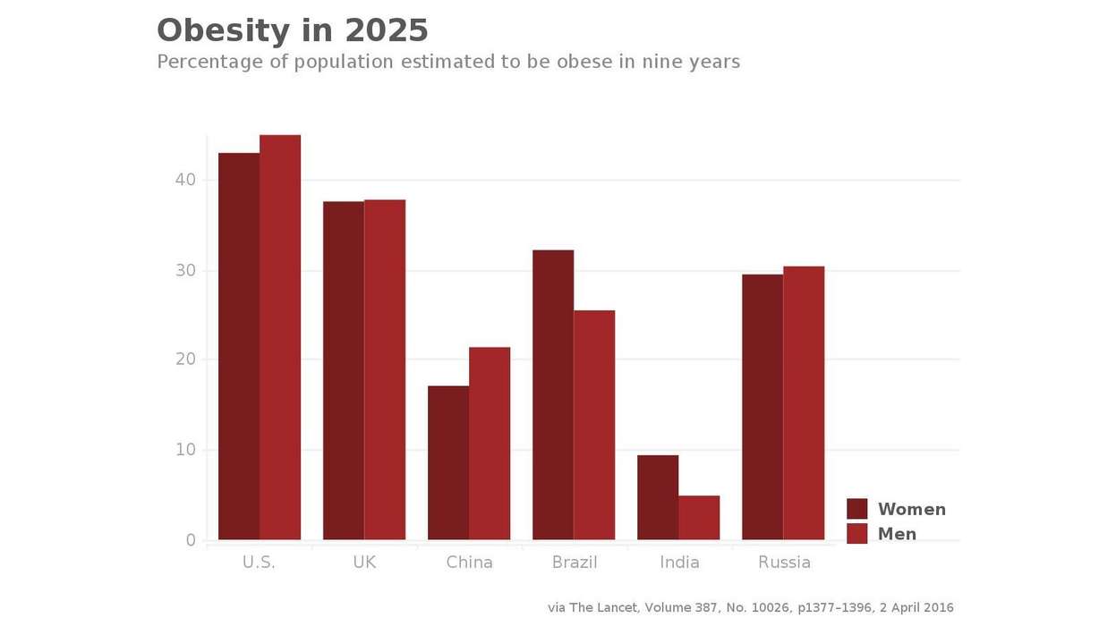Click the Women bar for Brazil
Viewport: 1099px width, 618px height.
pos(553,394)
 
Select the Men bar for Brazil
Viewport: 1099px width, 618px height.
pos(594,425)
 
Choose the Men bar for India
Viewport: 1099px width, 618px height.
pos(699,518)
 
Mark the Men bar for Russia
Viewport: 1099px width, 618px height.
pos(804,402)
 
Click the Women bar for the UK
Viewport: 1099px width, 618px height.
pos(344,370)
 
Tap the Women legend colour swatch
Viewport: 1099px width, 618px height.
pos(857,509)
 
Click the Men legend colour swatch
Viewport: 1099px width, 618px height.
pos(857,534)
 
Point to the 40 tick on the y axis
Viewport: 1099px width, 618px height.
pos(185,180)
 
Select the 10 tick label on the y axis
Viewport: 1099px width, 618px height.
pos(185,450)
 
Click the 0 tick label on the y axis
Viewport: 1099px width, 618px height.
pos(191,540)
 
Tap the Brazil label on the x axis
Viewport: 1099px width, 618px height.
pos(575,563)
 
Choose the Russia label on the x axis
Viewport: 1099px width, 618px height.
pos(784,563)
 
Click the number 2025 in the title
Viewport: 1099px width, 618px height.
pos(387,30)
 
